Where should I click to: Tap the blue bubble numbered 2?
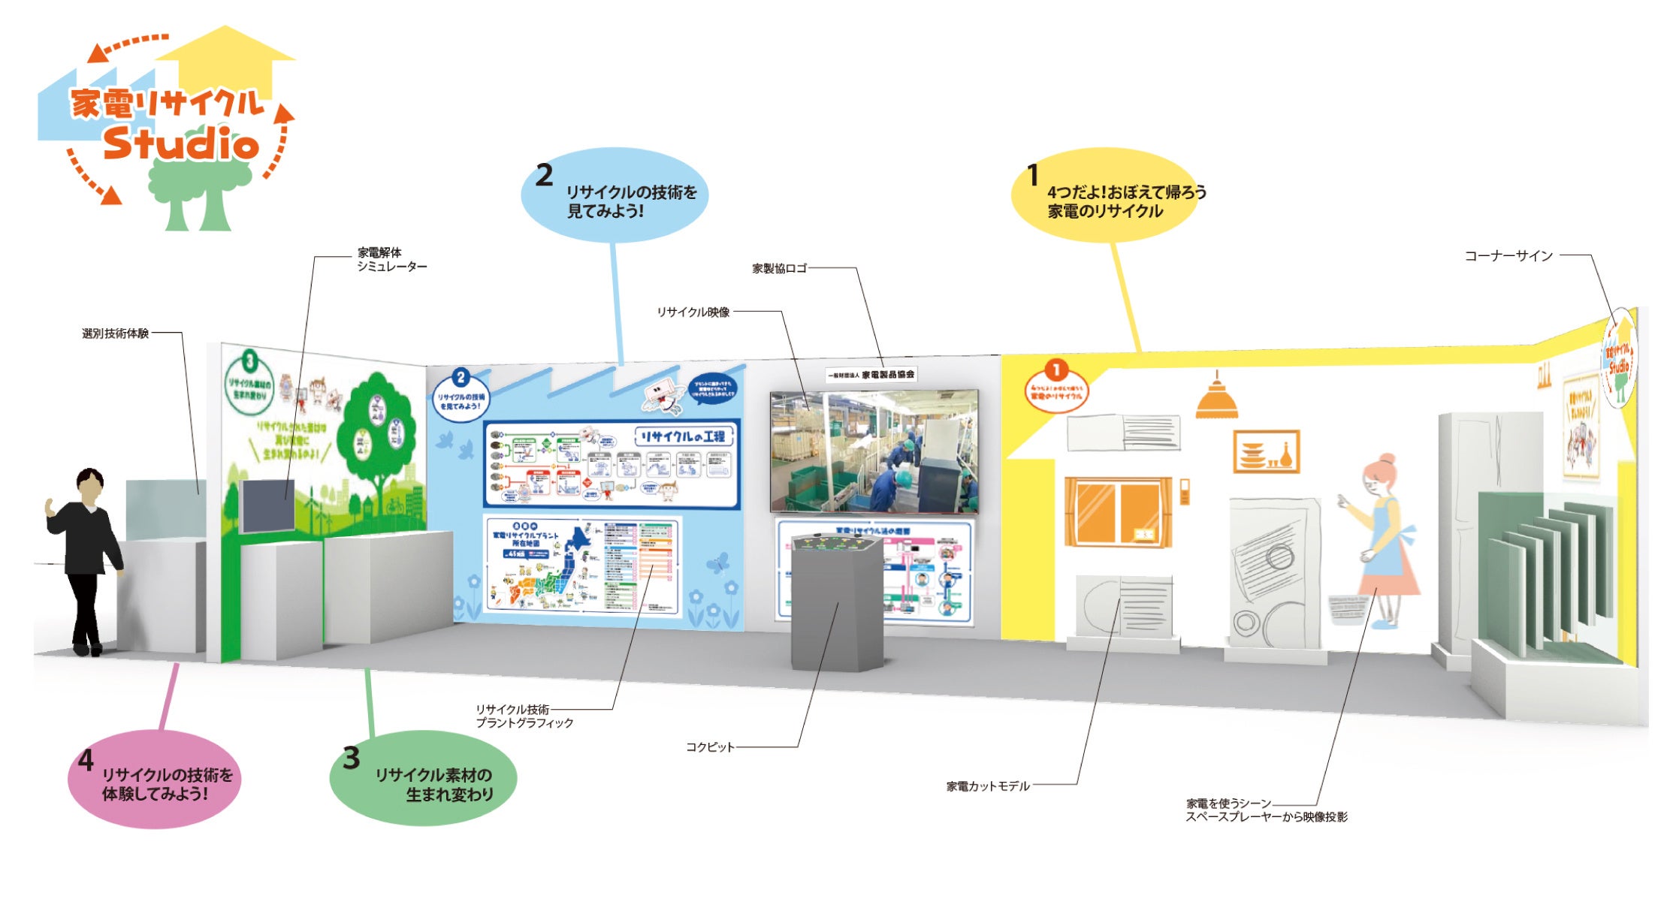(615, 195)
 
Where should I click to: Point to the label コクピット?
(709, 747)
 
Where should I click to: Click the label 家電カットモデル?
(987, 786)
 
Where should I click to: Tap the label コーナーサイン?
(1508, 256)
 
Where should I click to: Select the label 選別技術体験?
(115, 333)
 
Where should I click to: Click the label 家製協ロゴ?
(779, 268)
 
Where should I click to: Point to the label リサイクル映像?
(693, 312)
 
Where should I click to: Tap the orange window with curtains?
(1118, 511)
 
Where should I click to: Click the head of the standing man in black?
(89, 484)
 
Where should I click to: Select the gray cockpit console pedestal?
(838, 601)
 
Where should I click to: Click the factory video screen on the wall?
(874, 451)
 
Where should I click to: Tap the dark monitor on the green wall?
(267, 505)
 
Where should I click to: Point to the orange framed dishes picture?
(1266, 451)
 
